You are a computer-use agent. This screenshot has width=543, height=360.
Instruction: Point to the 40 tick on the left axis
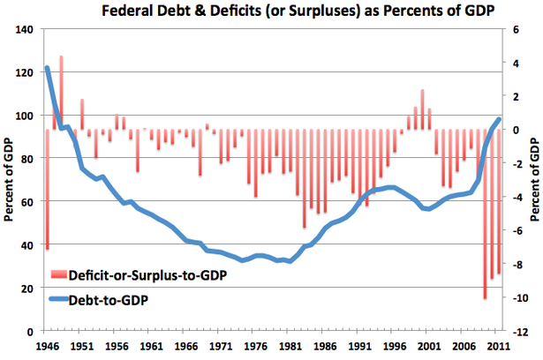(26, 245)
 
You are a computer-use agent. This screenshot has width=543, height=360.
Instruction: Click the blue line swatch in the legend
(62, 300)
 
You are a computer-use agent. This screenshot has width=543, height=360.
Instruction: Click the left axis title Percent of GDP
(8, 180)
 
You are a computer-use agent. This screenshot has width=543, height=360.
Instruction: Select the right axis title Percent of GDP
(535, 180)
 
